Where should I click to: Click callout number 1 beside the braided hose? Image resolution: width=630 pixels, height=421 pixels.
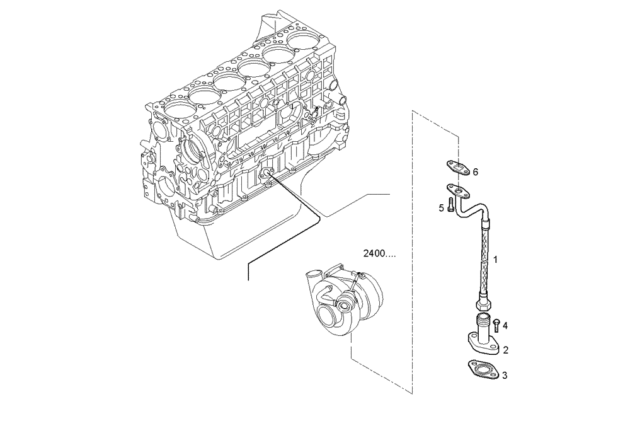pyautogui.click(x=496, y=259)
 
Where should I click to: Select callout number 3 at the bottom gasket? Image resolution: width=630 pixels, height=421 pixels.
pyautogui.click(x=505, y=376)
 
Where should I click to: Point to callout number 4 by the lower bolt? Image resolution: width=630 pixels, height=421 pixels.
pyautogui.click(x=505, y=326)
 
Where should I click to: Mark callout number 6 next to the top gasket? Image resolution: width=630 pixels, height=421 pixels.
pyautogui.click(x=476, y=171)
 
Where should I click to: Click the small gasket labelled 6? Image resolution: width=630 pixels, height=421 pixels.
pyautogui.click(x=456, y=167)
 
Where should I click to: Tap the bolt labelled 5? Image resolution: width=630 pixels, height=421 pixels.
pyautogui.click(x=451, y=206)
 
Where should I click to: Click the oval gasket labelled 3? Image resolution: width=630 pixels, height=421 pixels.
pyautogui.click(x=482, y=369)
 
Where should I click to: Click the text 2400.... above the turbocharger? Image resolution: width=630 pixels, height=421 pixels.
pyautogui.click(x=380, y=255)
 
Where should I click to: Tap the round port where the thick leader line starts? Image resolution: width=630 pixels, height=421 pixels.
pyautogui.click(x=267, y=173)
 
